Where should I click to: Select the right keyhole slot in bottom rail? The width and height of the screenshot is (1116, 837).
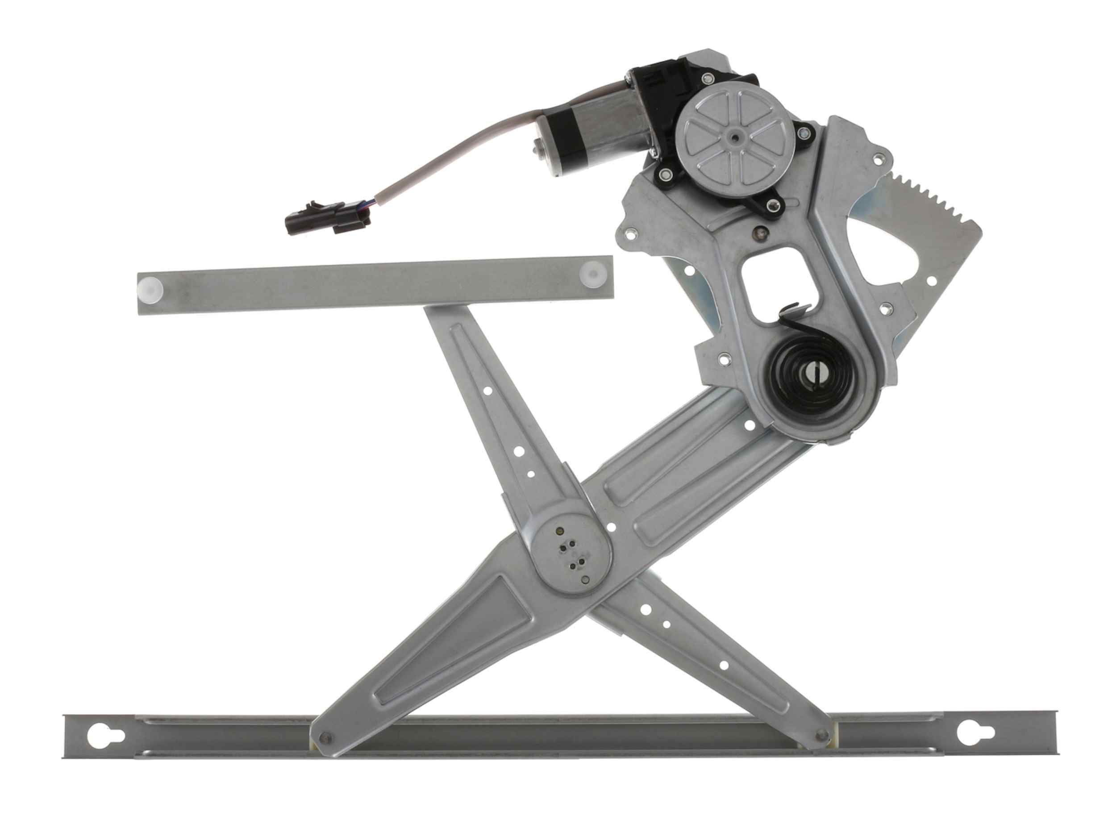(969, 745)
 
